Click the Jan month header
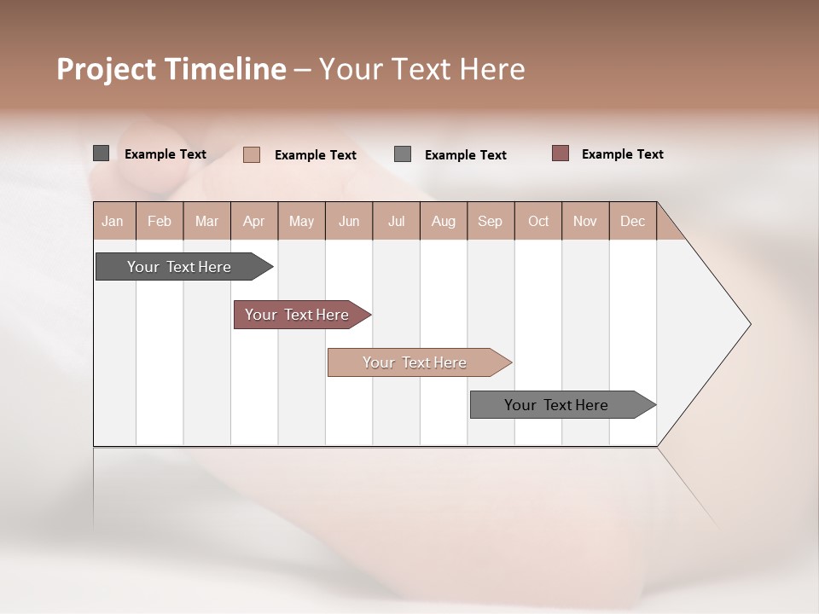click(113, 221)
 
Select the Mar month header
click(206, 221)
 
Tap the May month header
click(301, 221)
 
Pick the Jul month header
click(396, 221)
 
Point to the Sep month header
click(491, 221)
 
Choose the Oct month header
click(538, 221)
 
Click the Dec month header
click(632, 221)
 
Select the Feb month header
click(160, 221)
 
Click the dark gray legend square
click(101, 153)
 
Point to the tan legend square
click(252, 154)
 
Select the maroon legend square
click(561, 153)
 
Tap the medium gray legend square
click(403, 154)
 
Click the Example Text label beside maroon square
click(622, 154)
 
